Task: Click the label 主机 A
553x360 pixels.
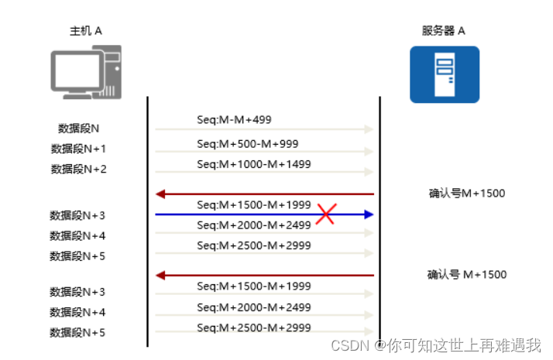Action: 86,31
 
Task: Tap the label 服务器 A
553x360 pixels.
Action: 444,31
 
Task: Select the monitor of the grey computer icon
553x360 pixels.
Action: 75,70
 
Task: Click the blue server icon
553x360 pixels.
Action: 445,74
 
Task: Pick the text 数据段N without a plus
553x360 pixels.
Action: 78,129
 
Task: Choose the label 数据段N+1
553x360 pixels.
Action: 78,149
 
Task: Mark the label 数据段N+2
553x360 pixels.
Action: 78,169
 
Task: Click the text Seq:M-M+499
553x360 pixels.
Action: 234,120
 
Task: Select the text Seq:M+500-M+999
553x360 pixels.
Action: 247,144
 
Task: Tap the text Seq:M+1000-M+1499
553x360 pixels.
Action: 253,164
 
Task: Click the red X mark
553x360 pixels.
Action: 325,214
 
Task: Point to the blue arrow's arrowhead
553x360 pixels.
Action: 369,214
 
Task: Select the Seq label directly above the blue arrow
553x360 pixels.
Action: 253,205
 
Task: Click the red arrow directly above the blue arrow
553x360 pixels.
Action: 264,194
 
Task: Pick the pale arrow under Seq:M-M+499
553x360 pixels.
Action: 264,130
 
